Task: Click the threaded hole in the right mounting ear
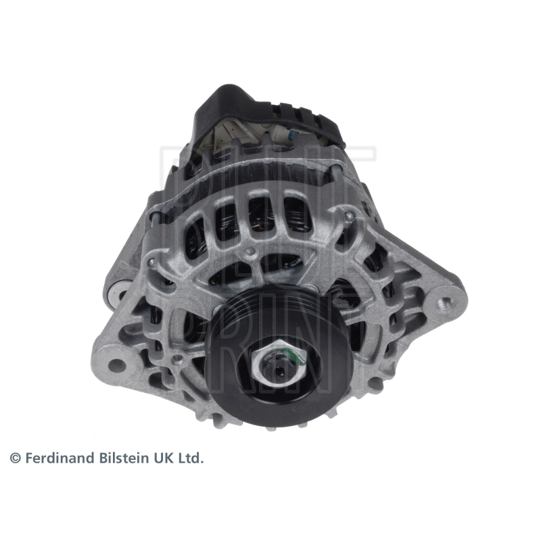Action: coord(446,303)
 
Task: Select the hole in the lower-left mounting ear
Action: coord(116,365)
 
